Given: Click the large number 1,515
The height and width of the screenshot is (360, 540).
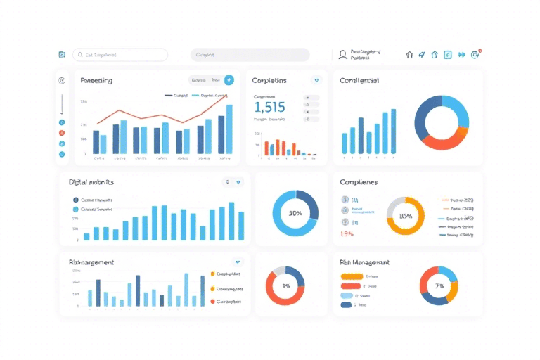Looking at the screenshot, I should (x=269, y=108).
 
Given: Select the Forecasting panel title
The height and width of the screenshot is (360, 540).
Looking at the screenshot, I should (x=96, y=81).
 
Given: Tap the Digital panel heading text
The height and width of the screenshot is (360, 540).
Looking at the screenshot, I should (x=91, y=182).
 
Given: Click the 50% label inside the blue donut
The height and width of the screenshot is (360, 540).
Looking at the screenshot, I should (x=295, y=213).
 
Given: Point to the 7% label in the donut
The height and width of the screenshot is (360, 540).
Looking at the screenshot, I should (x=439, y=286).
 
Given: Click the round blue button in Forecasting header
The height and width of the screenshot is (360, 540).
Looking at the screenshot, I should (x=229, y=80).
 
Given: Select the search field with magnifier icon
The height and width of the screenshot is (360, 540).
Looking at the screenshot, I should (x=120, y=55).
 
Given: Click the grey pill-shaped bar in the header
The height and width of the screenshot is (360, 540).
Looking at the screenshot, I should (x=250, y=55).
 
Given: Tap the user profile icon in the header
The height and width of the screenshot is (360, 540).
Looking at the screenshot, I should (x=342, y=54).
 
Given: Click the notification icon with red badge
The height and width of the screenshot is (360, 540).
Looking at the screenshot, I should (x=476, y=53).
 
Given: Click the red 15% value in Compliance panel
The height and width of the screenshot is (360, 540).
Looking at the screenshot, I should (x=347, y=233).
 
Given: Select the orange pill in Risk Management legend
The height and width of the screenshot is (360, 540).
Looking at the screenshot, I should (x=349, y=277).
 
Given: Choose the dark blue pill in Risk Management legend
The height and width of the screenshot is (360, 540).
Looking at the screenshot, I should (x=347, y=304).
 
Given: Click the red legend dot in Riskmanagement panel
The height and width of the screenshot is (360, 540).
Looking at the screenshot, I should (x=212, y=301).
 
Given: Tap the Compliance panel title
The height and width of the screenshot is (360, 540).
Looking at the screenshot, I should (x=359, y=182).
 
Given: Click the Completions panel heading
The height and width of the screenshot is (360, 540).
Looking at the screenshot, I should (x=269, y=81).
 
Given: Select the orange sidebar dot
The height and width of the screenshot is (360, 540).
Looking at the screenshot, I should (x=62, y=132).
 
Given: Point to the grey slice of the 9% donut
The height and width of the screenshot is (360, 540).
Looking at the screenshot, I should (x=279, y=271).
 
